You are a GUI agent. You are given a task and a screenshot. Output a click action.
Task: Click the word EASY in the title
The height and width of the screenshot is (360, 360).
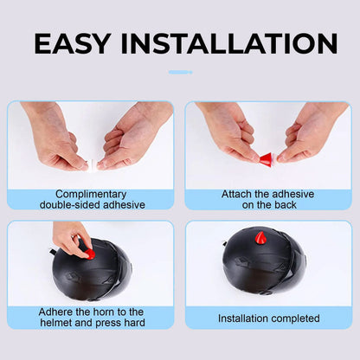click(72, 43)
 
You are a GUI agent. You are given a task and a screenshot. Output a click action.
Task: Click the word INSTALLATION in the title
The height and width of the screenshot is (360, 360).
click(229, 43)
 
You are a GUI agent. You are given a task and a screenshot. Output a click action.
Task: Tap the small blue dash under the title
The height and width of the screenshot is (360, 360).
click(180, 73)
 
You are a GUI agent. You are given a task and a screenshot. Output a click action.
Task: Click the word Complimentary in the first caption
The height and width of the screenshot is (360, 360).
click(91, 194)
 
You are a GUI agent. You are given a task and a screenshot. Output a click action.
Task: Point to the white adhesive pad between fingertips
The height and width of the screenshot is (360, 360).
click(93, 165)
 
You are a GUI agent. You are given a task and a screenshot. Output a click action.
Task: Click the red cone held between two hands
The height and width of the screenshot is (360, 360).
click(267, 160)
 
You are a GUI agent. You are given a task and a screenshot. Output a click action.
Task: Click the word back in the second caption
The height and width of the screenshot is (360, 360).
click(286, 205)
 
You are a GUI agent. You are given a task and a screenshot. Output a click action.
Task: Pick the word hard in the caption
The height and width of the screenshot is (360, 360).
click(134, 323)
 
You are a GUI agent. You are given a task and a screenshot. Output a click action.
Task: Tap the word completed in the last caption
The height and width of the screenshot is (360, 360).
click(295, 318)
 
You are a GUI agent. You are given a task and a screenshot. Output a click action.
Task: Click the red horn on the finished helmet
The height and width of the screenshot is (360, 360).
click(260, 237)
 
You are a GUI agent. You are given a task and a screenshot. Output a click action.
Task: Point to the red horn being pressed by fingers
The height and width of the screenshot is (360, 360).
click(90, 254)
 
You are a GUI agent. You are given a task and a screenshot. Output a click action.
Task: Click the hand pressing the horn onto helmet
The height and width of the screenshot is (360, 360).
click(72, 240)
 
